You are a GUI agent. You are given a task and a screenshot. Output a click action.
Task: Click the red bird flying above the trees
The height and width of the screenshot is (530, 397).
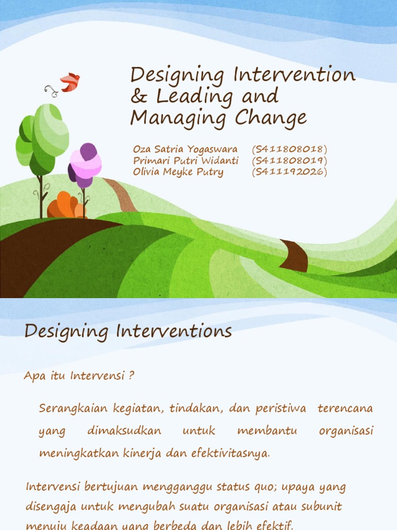(x=70, y=82)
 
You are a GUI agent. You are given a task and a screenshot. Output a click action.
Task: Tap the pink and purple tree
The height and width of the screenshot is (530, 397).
(x=85, y=164)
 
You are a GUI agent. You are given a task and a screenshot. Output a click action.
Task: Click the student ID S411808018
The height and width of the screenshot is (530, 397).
(x=289, y=149)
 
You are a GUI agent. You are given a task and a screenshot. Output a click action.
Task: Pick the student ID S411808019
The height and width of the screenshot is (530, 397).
(x=289, y=160)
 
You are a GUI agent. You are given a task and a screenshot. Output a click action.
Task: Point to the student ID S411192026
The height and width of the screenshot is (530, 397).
(x=289, y=172)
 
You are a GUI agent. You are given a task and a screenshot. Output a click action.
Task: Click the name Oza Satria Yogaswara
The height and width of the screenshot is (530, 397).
(x=185, y=149)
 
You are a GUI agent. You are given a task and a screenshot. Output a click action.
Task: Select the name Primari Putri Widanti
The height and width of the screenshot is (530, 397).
(x=186, y=160)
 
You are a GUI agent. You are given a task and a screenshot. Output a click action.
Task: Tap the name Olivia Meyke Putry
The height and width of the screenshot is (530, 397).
(x=178, y=172)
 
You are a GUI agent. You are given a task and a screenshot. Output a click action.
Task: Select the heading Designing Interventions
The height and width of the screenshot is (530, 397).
(x=128, y=331)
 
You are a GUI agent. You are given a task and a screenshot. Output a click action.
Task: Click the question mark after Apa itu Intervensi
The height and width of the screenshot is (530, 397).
(x=132, y=375)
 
